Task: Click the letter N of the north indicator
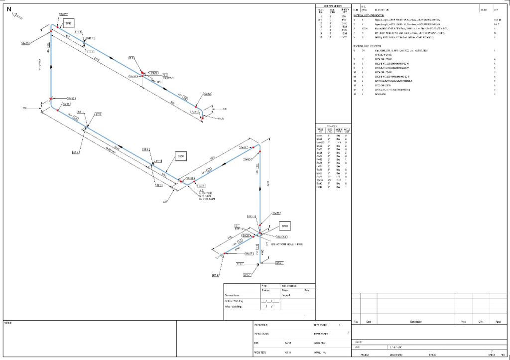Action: [9, 9]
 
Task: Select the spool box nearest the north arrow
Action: [68, 23]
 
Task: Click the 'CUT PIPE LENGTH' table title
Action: [333, 5]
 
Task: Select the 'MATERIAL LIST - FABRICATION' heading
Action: [372, 15]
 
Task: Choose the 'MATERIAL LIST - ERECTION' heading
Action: [370, 46]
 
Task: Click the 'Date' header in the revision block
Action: [369, 322]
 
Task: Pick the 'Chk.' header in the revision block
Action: [481, 322]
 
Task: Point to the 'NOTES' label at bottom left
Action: [7, 323]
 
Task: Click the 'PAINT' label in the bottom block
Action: [288, 343]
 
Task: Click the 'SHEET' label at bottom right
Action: [491, 355]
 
